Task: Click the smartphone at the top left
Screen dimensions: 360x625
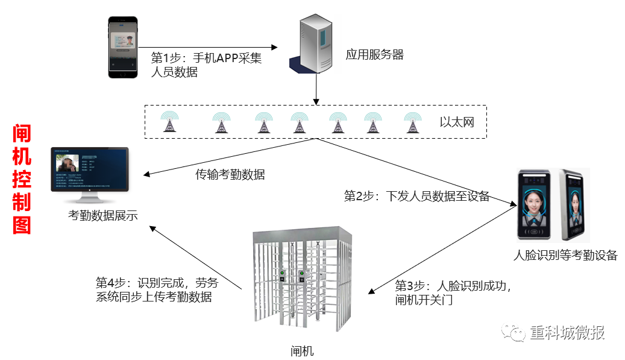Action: tap(123, 48)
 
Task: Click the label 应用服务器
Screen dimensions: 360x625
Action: tap(374, 55)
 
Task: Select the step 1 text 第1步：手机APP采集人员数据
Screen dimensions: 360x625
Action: tap(206, 65)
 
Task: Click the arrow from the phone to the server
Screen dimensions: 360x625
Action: tap(208, 46)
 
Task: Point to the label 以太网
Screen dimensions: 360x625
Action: tap(456, 122)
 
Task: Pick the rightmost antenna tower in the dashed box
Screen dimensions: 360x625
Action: tap(412, 122)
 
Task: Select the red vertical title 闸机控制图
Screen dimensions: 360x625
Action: tap(22, 179)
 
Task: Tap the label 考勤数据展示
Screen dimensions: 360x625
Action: tap(103, 215)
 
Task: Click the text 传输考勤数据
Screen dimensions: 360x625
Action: tap(230, 175)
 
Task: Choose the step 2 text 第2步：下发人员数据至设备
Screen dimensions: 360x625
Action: tap(416, 196)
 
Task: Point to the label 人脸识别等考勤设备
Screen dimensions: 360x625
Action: tap(565, 255)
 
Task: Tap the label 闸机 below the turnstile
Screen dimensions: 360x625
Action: tap(302, 351)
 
